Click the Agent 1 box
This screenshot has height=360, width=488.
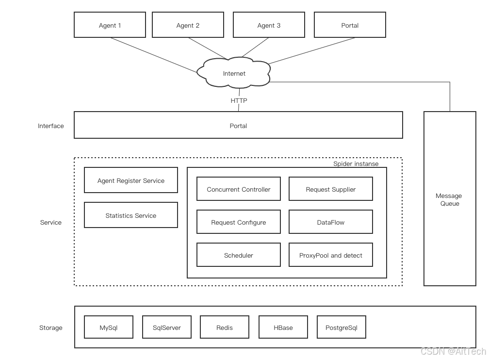110,25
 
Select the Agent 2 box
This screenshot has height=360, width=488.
188,25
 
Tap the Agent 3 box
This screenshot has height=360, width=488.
269,25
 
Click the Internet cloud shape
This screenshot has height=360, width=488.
234,74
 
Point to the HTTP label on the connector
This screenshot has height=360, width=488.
239,100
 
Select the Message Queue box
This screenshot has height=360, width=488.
449,199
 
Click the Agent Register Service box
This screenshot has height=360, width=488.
131,180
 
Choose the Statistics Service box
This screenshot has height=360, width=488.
131,215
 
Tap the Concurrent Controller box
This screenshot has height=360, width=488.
238,189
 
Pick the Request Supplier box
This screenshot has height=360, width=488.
330,189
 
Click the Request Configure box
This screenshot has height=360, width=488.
238,222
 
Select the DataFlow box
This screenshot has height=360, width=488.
330,222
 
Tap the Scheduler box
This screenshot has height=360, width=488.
238,255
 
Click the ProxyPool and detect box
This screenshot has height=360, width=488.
330,255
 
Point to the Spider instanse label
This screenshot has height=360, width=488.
356,164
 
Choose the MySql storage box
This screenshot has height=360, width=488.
109,327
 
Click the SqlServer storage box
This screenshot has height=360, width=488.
167,327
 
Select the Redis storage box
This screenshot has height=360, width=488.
225,327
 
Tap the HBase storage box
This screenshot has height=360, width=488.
283,327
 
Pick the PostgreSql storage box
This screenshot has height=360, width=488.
341,327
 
